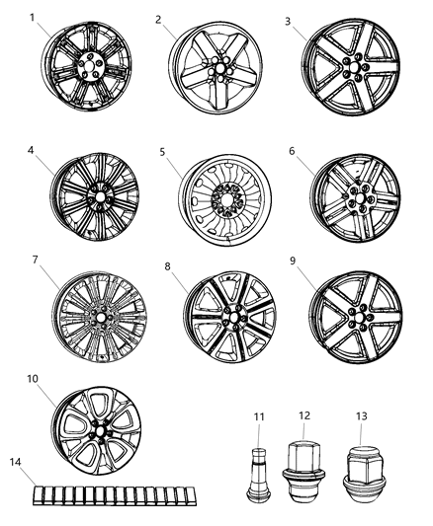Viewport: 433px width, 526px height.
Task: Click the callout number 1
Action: pos(33,18)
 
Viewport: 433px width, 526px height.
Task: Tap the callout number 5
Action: pos(161,153)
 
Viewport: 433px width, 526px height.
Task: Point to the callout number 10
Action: pos(34,379)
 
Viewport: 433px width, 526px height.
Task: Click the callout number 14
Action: pos(13,462)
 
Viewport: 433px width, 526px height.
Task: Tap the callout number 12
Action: pos(303,415)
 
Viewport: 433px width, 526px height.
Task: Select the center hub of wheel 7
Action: pos(101,320)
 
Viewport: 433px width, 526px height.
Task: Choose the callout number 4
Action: pos(32,151)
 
